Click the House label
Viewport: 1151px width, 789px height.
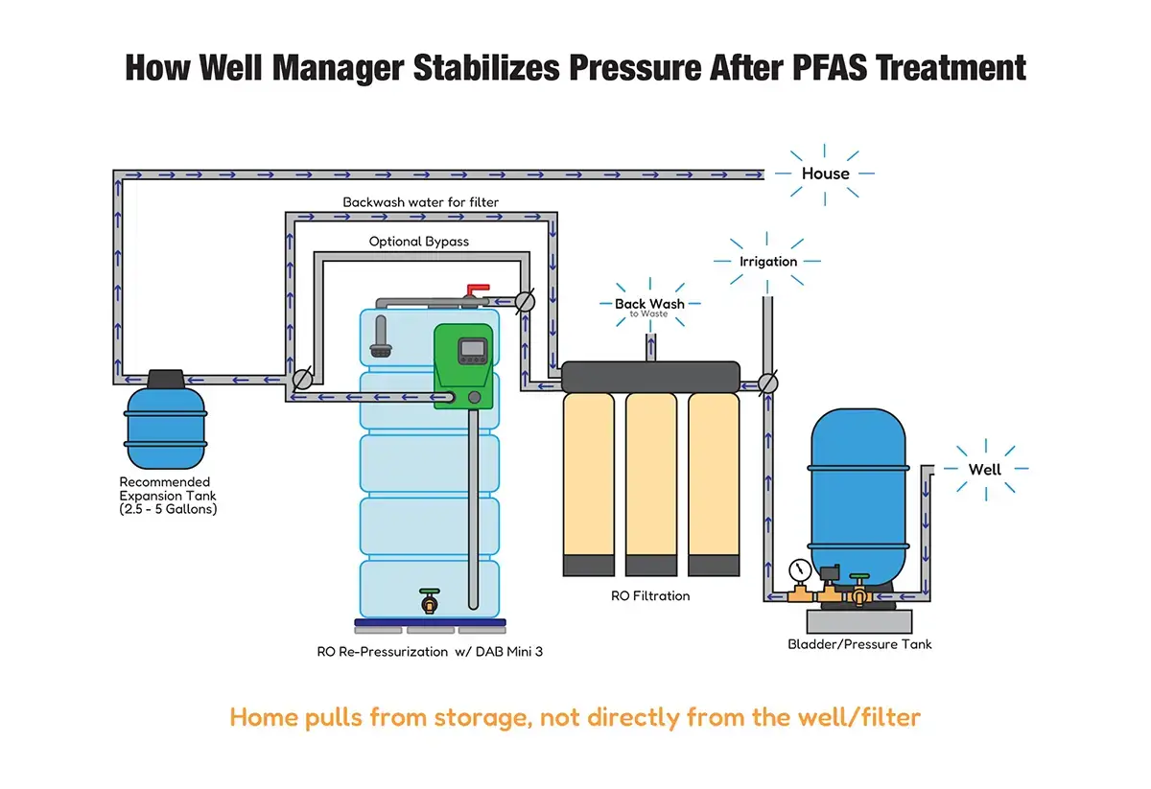pyautogui.click(x=826, y=174)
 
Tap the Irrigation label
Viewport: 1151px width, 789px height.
pyautogui.click(x=768, y=261)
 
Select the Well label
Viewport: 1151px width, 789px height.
pyautogui.click(x=984, y=469)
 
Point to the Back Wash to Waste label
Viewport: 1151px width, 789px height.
pyautogui.click(x=650, y=307)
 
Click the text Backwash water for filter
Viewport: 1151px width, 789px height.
pyautogui.click(x=420, y=202)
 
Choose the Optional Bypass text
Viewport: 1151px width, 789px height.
pyautogui.click(x=419, y=242)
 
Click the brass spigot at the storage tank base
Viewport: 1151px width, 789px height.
pyautogui.click(x=429, y=601)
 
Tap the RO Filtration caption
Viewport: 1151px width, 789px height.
pyautogui.click(x=650, y=595)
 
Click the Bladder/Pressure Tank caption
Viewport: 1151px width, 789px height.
pyautogui.click(x=859, y=643)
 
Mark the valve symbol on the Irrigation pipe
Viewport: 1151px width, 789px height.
pyautogui.click(x=767, y=383)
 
